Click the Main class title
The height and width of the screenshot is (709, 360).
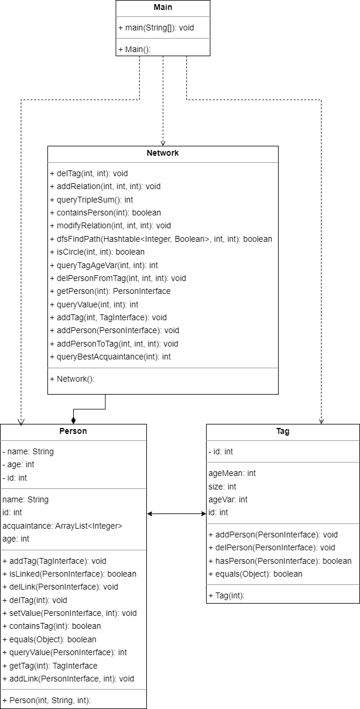pos(163,8)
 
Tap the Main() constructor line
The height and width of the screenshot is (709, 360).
pos(135,49)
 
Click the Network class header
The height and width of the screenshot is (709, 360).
pos(163,153)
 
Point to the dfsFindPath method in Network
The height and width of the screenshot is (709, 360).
pos(161,239)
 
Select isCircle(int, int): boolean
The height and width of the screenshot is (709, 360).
pos(97,252)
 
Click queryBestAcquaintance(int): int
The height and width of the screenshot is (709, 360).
pos(110,357)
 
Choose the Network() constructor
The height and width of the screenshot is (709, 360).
pos(76,379)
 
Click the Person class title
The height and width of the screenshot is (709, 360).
pos(73,431)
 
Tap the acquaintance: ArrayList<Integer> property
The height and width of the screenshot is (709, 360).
pos(63,526)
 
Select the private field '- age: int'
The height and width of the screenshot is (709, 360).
pos(20,465)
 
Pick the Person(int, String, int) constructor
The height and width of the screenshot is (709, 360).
pos(50,700)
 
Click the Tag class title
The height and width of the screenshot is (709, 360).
pos(283,431)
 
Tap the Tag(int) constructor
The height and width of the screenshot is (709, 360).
pos(228,595)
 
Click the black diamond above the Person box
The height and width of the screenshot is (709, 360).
pos(73,419)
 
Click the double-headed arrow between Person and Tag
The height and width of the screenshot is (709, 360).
pos(176,513)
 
